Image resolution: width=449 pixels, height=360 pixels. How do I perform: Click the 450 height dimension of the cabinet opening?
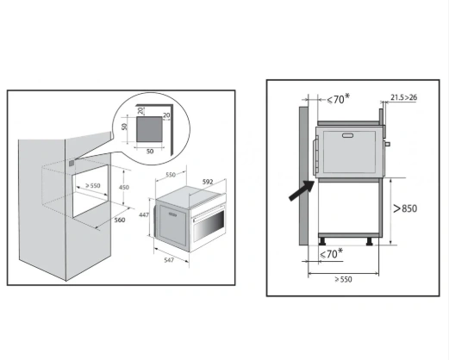point(124,187)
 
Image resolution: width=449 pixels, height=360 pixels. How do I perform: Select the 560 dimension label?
point(120,220)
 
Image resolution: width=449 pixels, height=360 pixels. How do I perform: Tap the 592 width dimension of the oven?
point(208,182)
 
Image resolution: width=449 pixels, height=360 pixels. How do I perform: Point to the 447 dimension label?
point(144,214)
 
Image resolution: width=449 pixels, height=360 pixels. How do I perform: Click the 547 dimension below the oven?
point(169,260)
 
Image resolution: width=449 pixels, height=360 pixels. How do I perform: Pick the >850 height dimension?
point(405,208)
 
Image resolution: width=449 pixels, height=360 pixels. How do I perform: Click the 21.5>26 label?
point(403,97)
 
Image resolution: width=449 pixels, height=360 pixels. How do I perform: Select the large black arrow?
point(302,190)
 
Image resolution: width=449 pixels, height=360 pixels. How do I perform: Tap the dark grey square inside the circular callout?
point(149,129)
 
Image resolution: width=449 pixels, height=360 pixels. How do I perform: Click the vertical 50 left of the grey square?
point(124,127)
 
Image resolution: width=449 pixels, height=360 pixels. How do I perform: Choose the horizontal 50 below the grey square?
point(150,152)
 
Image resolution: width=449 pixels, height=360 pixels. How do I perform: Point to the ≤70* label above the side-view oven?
point(339,99)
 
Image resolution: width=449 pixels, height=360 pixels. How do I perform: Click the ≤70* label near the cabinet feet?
point(332,254)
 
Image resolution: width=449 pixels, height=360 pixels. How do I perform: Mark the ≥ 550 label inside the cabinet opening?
point(93,186)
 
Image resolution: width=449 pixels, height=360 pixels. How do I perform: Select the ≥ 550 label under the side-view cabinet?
point(343,279)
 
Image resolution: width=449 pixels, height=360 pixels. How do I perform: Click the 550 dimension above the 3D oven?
point(171,175)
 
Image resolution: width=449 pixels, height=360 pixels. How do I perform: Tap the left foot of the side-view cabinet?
point(321,241)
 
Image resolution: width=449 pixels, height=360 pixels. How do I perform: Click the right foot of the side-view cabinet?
point(370,241)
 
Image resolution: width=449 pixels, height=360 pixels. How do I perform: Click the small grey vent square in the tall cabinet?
point(72,164)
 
